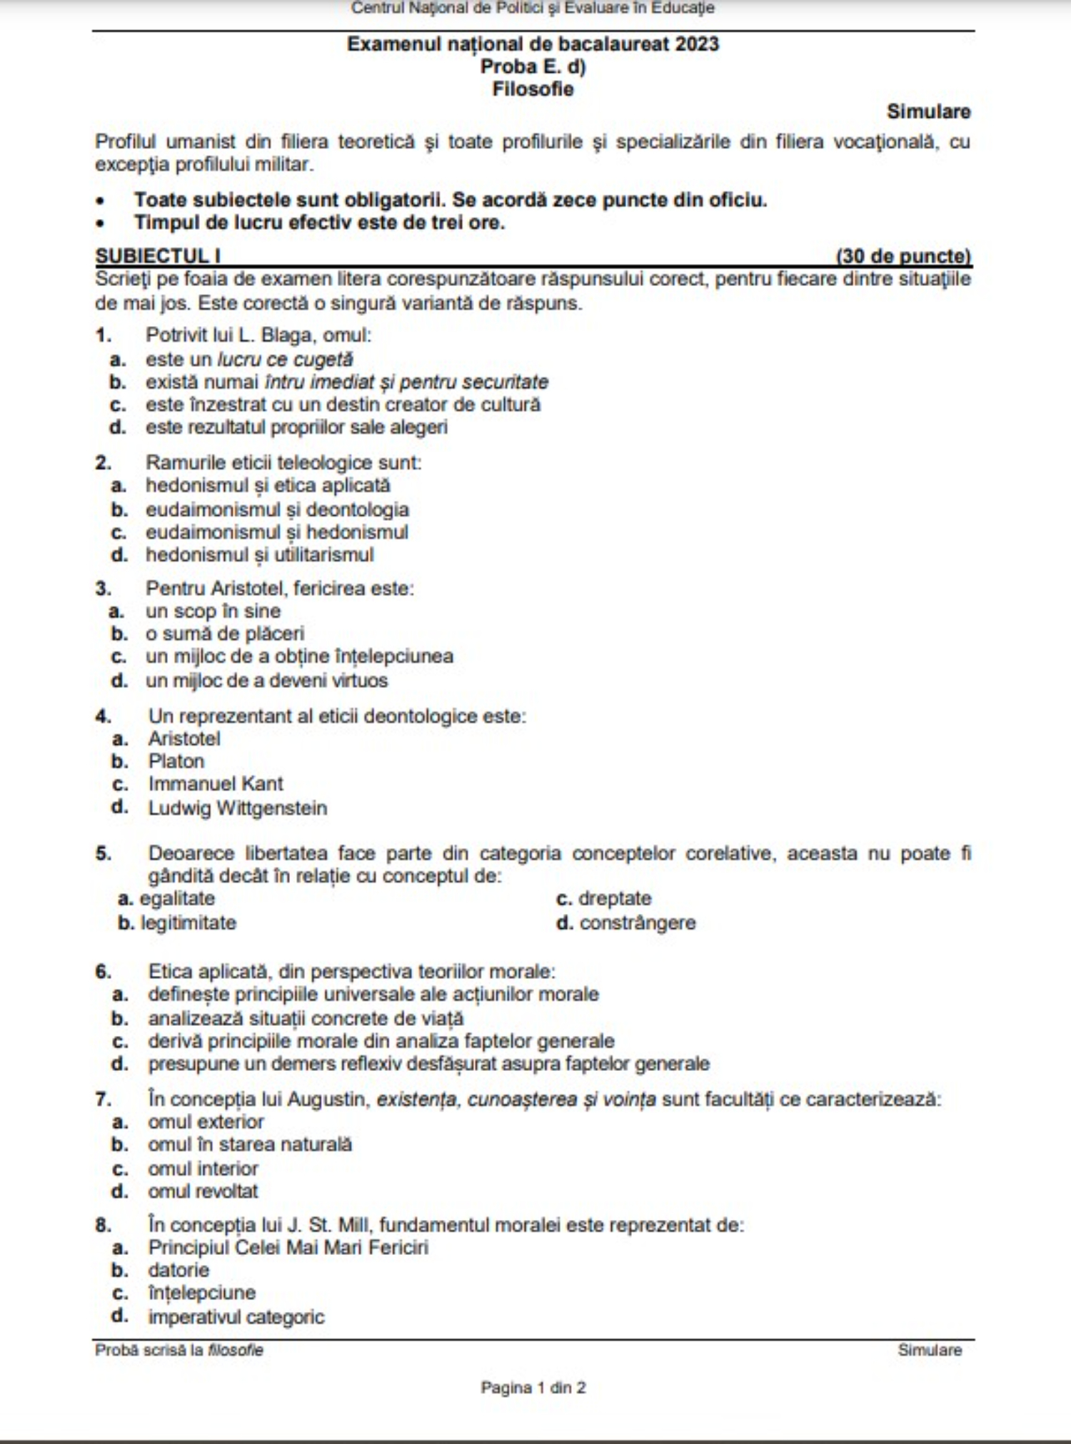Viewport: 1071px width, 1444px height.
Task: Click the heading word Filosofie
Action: (x=533, y=89)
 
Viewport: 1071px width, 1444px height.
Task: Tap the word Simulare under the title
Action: (x=928, y=112)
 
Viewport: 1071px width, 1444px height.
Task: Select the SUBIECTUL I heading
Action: (x=158, y=256)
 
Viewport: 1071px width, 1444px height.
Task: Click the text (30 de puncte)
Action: (x=903, y=256)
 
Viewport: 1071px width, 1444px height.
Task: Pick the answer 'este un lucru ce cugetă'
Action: (x=249, y=359)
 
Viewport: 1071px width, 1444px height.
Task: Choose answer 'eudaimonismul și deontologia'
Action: (x=277, y=509)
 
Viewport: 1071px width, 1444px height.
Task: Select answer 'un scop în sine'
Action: (x=213, y=611)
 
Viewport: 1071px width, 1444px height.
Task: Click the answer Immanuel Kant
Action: (x=216, y=784)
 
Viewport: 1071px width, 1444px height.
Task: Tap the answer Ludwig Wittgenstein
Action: (x=237, y=808)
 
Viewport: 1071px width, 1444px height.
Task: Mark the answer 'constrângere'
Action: (x=637, y=922)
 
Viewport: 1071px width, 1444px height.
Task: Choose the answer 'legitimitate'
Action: (x=188, y=922)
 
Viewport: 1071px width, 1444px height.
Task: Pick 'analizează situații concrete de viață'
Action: (x=306, y=1019)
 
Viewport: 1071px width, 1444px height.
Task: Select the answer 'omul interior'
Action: (x=203, y=1169)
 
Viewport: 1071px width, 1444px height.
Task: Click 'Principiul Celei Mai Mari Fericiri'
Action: (x=288, y=1248)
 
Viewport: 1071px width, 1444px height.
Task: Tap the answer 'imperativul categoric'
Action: (x=236, y=1317)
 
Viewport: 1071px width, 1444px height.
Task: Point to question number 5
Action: (x=104, y=853)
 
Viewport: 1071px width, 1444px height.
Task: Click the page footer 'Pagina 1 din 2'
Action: (x=533, y=1388)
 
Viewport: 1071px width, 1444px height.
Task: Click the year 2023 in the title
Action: (x=697, y=44)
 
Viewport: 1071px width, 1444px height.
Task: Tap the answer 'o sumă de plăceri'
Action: (x=225, y=634)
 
